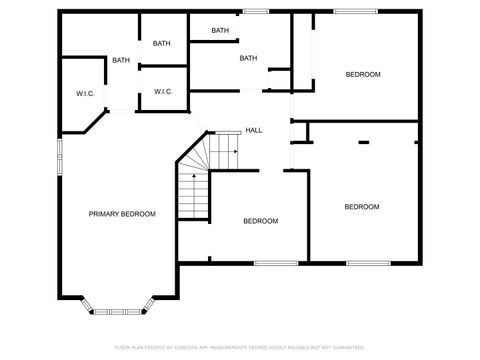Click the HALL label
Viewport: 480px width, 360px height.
(x=254, y=130)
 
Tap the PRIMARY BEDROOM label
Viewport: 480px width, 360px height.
(x=122, y=213)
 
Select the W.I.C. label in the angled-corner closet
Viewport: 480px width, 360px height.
(x=84, y=93)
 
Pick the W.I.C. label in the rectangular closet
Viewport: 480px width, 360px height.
(x=164, y=92)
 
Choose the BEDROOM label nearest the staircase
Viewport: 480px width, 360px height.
(x=261, y=220)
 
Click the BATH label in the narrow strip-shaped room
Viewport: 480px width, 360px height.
(x=221, y=30)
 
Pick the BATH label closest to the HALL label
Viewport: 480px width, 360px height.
(x=248, y=58)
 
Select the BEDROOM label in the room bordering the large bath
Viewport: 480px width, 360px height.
(x=362, y=74)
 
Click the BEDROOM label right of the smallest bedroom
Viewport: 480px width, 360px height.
(x=361, y=207)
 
